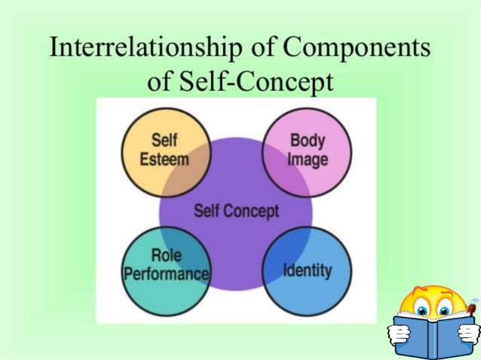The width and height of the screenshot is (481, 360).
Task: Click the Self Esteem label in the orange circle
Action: tap(164, 150)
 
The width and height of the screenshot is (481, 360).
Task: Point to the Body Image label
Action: tap(307, 150)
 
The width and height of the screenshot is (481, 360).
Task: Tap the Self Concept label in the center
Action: tap(236, 210)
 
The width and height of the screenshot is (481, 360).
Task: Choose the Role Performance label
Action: tap(165, 264)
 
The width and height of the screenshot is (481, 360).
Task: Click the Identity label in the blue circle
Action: tap(307, 270)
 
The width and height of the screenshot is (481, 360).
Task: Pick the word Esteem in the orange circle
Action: tap(164, 159)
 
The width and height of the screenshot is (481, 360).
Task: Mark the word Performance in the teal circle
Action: tap(166, 273)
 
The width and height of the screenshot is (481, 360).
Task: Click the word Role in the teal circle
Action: tap(166, 256)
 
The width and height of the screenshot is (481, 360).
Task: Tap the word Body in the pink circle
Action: tap(307, 141)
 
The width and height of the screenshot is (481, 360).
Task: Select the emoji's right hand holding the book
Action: tap(469, 331)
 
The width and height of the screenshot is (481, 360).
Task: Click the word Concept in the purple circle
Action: tap(254, 210)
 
